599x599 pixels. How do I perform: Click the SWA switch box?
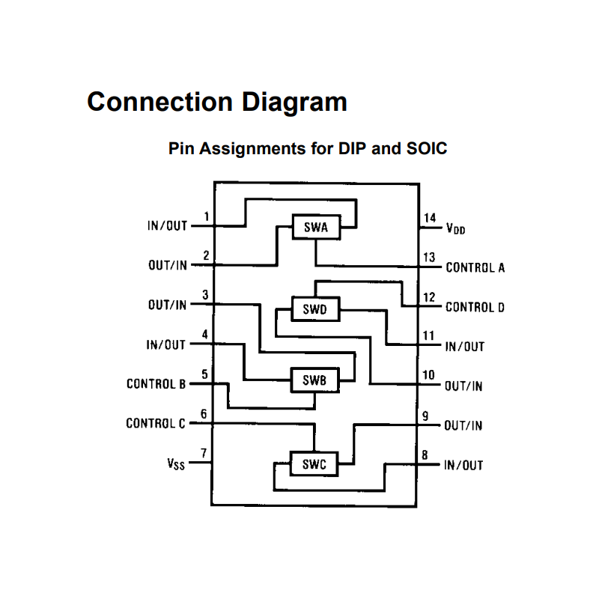point(315,228)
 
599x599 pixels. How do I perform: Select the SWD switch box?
point(315,308)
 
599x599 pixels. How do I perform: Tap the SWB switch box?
point(314,380)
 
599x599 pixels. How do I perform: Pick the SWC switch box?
point(314,464)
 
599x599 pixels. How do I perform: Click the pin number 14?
point(429,219)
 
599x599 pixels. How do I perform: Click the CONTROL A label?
point(475,267)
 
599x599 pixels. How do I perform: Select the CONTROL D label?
point(475,307)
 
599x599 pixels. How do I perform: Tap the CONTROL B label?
point(156,384)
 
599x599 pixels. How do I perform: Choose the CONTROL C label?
point(155,424)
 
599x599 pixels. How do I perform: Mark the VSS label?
point(176,463)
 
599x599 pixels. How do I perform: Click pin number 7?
point(204,454)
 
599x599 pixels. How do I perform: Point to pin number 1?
point(205,218)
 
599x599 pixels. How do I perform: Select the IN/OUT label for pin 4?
point(166,345)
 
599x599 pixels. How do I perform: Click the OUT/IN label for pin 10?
point(463,386)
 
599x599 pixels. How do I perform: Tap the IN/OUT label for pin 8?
point(463,465)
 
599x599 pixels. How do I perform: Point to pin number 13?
point(429,258)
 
